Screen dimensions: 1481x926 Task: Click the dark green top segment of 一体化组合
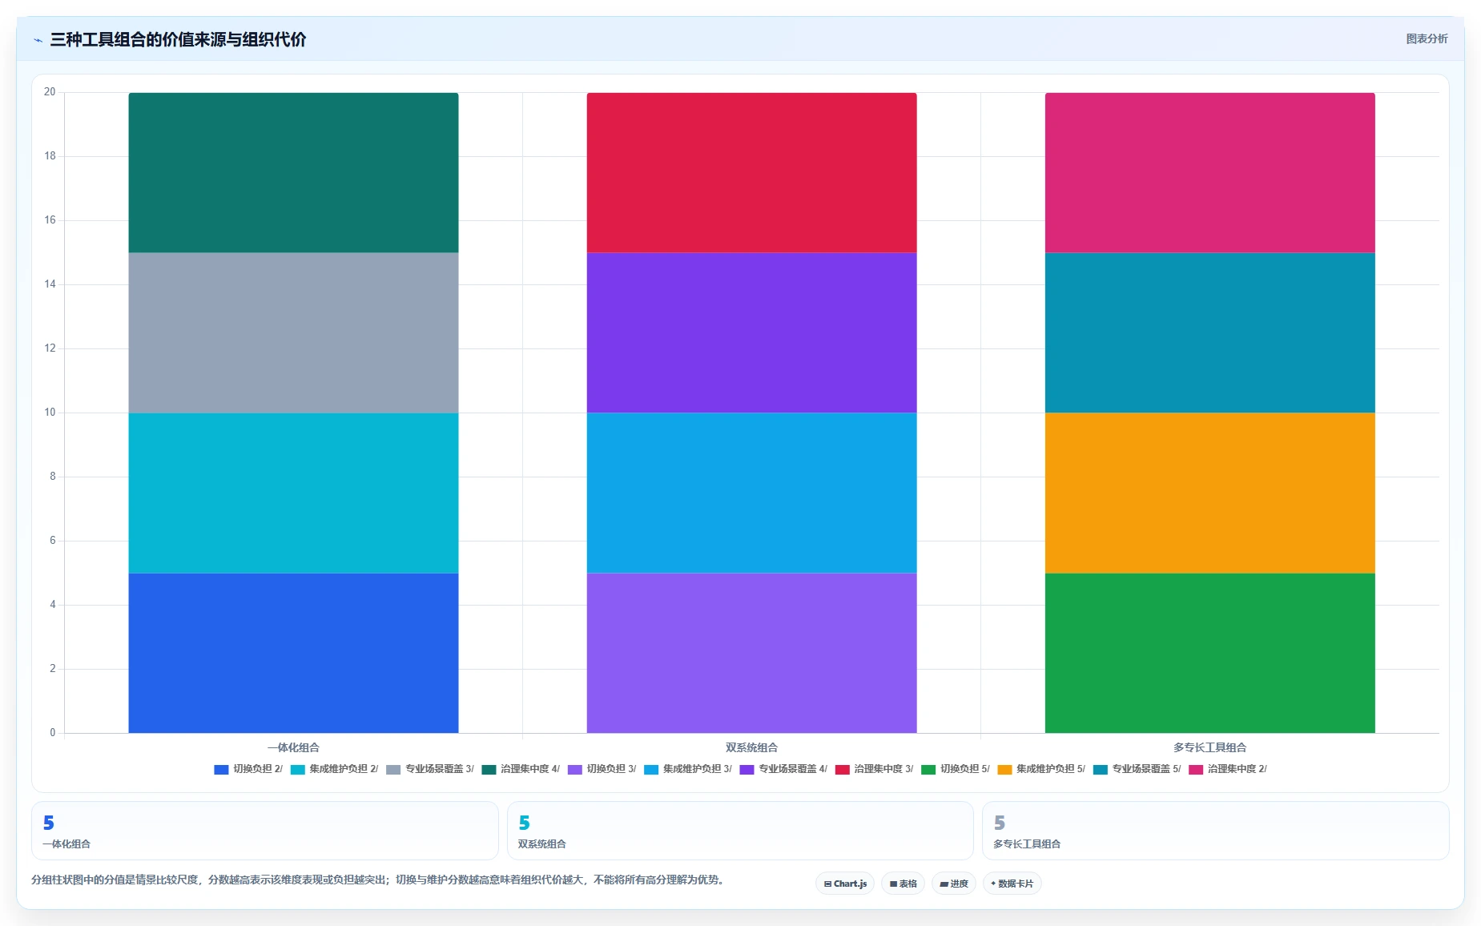293,172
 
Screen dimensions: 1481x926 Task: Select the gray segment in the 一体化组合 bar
293,332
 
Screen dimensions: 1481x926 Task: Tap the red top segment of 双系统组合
751,172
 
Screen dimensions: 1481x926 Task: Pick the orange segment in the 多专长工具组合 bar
1209,493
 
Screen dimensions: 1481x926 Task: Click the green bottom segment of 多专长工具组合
1209,653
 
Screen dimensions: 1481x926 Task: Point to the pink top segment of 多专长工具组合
1209,172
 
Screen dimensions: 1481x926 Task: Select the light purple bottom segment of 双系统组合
751,653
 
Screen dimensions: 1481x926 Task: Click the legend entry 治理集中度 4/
521,769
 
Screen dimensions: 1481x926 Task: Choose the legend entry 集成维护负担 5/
1041,769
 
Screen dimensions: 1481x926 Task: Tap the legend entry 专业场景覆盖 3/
430,769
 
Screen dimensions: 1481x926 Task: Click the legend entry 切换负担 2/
248,769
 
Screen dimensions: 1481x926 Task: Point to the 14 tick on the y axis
50,284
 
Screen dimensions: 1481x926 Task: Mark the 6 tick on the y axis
53,541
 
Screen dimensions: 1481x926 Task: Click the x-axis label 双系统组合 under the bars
751,747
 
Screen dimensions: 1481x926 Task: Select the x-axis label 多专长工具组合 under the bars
1209,747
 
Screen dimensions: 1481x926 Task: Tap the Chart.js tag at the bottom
845,884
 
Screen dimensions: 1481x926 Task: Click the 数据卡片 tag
1012,884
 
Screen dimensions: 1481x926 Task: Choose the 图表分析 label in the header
1427,38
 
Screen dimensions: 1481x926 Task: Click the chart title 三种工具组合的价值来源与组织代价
178,39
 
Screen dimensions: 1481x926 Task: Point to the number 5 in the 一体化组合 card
49,823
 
